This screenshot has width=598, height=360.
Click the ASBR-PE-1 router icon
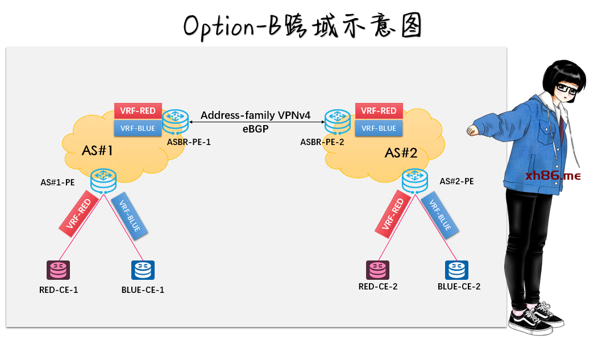click(175, 121)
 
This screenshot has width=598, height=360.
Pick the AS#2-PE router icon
click(415, 180)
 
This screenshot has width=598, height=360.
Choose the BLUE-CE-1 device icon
click(143, 271)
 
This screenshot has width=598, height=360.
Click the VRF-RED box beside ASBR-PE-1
click(139, 110)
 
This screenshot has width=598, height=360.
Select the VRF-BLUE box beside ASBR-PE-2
click(379, 128)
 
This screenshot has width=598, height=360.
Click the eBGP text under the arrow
click(255, 129)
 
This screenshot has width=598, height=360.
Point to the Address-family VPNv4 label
click(255, 115)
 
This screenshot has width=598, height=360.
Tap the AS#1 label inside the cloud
click(98, 151)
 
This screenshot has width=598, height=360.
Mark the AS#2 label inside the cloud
click(401, 153)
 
